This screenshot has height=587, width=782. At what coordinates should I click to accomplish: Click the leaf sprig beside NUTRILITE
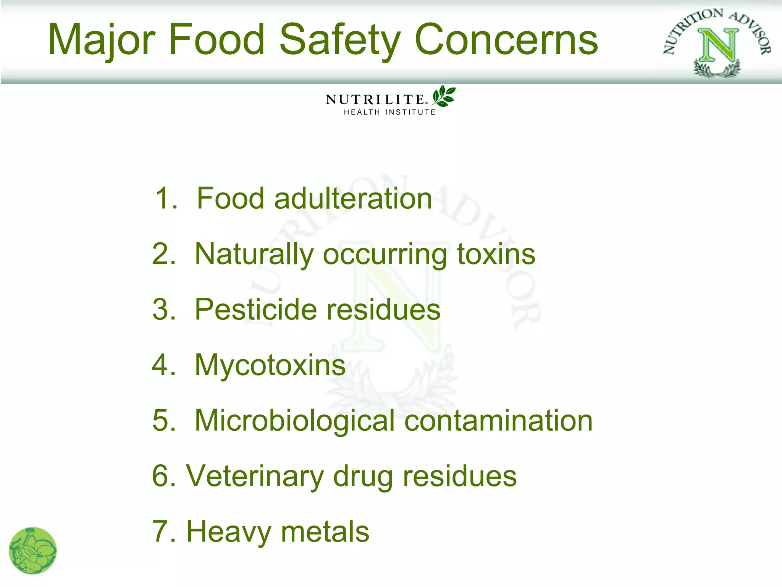pos(444,96)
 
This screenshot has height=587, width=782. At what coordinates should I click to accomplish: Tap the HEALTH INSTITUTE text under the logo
pos(390,112)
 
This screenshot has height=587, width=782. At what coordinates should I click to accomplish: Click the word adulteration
pos(353,198)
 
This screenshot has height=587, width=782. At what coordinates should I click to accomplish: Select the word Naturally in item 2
pos(254,254)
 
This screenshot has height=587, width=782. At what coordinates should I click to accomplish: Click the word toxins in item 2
pos(496,254)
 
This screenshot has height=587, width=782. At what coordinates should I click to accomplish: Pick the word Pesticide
pos(255,309)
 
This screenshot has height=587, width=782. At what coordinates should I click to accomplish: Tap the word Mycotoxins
pos(270,365)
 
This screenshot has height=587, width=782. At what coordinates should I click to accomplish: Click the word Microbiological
pos(294,421)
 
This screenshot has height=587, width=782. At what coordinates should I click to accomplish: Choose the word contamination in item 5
pos(498,421)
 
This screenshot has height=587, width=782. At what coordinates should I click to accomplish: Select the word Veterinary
pos(255,476)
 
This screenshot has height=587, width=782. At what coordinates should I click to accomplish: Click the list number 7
pos(161,532)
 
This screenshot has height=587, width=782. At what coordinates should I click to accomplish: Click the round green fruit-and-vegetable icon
pos(33,551)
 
